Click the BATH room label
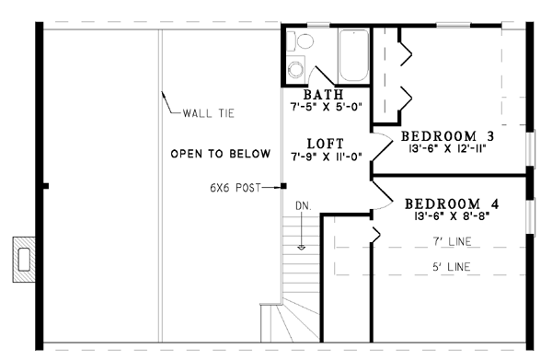point(323,95)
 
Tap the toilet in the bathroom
point(300,41)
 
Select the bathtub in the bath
point(353,55)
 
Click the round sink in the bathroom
point(295,69)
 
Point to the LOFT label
point(326,144)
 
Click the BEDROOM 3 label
point(447,136)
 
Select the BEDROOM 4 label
point(452,204)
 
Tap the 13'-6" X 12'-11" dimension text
point(447,148)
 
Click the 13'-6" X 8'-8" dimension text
point(452,215)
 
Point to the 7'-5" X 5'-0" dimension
point(326,107)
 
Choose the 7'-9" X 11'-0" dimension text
point(327,157)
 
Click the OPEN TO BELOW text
point(221,154)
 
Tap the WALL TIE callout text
point(209,113)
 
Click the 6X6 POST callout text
point(236,188)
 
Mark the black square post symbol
point(283,186)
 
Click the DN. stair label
point(304,206)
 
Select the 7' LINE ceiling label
point(452,241)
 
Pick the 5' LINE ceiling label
point(452,267)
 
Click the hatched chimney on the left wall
point(24,260)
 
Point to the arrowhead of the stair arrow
point(302,248)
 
